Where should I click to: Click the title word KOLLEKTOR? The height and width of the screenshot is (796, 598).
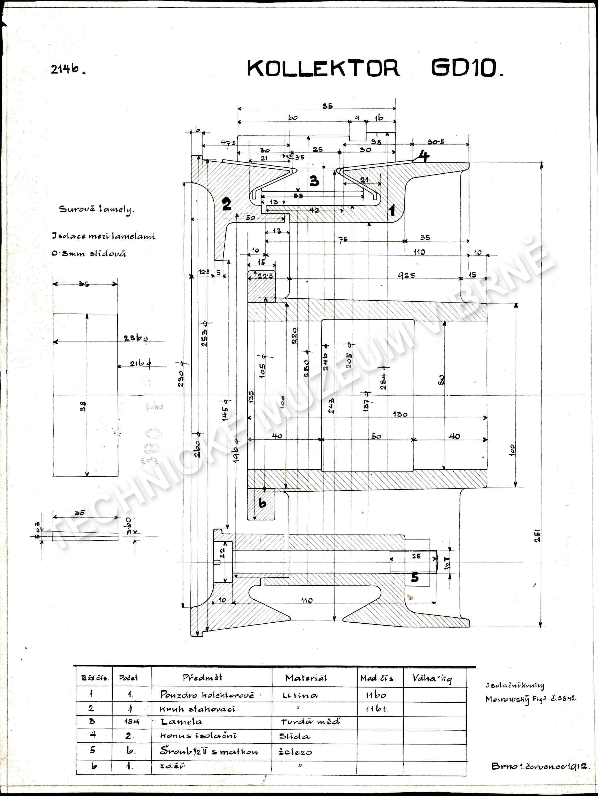323,68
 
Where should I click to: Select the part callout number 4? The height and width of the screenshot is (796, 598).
424,156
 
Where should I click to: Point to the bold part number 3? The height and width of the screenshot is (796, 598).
314,180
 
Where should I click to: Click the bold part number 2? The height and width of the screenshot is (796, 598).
227,204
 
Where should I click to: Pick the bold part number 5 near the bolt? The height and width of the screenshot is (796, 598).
415,577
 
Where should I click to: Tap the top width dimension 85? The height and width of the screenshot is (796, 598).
327,106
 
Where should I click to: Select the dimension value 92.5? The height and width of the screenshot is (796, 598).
407,275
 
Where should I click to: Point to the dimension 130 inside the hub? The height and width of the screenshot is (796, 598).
400,414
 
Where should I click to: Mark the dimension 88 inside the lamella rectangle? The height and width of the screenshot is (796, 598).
83,407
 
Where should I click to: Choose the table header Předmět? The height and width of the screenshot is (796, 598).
202,678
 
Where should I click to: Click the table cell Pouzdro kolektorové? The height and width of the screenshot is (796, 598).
207,695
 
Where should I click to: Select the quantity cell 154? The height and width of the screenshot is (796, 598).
131,721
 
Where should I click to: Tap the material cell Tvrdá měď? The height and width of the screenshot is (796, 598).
310,721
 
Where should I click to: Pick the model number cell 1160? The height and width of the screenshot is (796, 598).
376,695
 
